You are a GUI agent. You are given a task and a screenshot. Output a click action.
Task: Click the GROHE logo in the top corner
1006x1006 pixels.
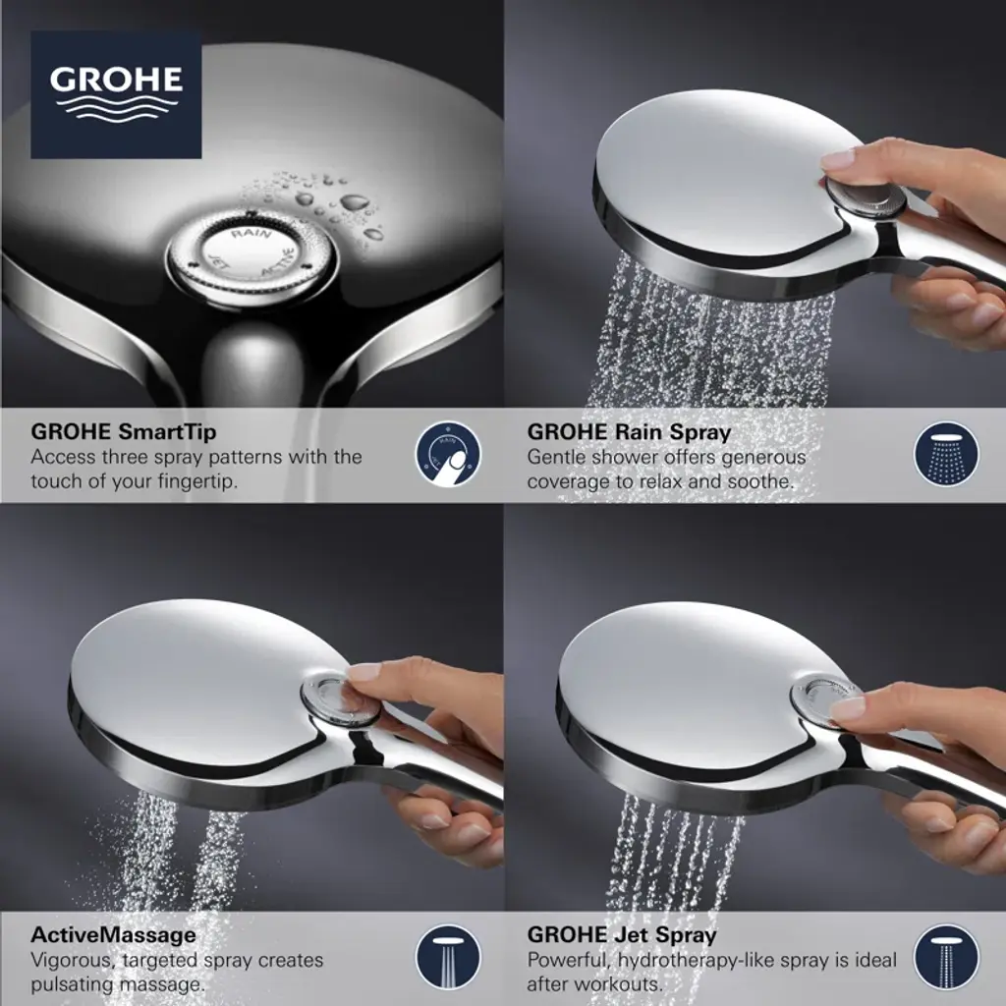coord(116,94)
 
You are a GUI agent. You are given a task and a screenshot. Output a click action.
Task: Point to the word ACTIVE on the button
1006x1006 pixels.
coord(278,262)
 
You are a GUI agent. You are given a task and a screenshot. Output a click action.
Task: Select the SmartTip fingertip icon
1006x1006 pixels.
coord(448,454)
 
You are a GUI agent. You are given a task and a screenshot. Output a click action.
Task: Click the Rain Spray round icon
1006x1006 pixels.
coord(946,453)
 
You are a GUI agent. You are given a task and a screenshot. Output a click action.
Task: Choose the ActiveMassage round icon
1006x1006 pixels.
coord(448,957)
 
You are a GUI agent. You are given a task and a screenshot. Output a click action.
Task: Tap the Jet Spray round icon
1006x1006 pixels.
coord(946,957)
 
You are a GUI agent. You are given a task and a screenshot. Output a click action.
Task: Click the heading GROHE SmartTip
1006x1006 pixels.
coord(123,432)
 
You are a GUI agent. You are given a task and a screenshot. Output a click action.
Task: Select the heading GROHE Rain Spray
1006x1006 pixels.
coord(629,432)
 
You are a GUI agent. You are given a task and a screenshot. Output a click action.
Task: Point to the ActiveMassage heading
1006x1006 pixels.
coord(114,934)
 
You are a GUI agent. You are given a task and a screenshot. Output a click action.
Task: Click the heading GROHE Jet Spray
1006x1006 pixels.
coord(622,935)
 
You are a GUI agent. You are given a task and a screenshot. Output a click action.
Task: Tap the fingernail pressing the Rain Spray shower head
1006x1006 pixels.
coord(837,158)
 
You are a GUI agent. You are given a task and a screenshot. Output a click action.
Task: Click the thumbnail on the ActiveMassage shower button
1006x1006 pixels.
coord(363,672)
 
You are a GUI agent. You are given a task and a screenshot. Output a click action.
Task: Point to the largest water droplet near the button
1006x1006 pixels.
coord(354,202)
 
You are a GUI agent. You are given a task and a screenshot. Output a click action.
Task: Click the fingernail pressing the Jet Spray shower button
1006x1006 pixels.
coord(847,707)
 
